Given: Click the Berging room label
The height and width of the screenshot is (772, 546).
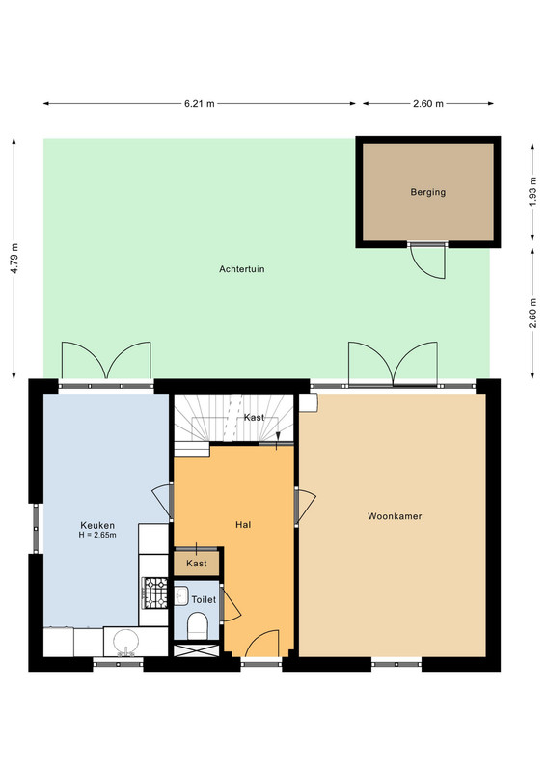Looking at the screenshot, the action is (x=428, y=192).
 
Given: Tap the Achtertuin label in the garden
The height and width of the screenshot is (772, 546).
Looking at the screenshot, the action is (x=242, y=269).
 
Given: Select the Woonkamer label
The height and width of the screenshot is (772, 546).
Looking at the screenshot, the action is (x=395, y=516).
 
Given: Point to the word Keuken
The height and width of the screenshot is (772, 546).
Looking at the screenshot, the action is (x=97, y=525).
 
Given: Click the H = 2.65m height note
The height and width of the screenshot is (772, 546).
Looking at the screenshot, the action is (x=97, y=535).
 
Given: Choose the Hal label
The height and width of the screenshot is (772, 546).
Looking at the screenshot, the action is (x=243, y=525).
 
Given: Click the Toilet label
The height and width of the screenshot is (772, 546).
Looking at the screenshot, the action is (x=204, y=599).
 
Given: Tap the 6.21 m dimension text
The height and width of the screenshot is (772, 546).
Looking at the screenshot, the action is (x=200, y=104).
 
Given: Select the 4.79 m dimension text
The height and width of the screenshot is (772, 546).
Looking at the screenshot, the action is (x=14, y=259).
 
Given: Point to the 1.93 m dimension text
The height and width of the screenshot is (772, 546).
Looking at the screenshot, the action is (x=533, y=193).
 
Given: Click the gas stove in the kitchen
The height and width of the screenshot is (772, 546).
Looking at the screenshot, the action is (x=155, y=593).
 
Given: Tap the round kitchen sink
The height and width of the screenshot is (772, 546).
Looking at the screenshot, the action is (x=126, y=642).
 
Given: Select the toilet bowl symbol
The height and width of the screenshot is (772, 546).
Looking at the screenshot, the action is (x=198, y=625).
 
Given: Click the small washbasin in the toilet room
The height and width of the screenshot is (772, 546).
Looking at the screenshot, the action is (x=180, y=595).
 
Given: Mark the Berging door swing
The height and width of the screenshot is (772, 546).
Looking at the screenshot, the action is (x=428, y=261).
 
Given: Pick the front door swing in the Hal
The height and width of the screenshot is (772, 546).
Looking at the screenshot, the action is (x=261, y=644).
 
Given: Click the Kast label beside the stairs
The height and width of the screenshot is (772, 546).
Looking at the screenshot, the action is (x=254, y=418).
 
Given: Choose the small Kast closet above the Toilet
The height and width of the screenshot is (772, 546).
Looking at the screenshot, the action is (x=197, y=564).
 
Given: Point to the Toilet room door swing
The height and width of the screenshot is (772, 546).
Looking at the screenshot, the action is (x=231, y=604).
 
